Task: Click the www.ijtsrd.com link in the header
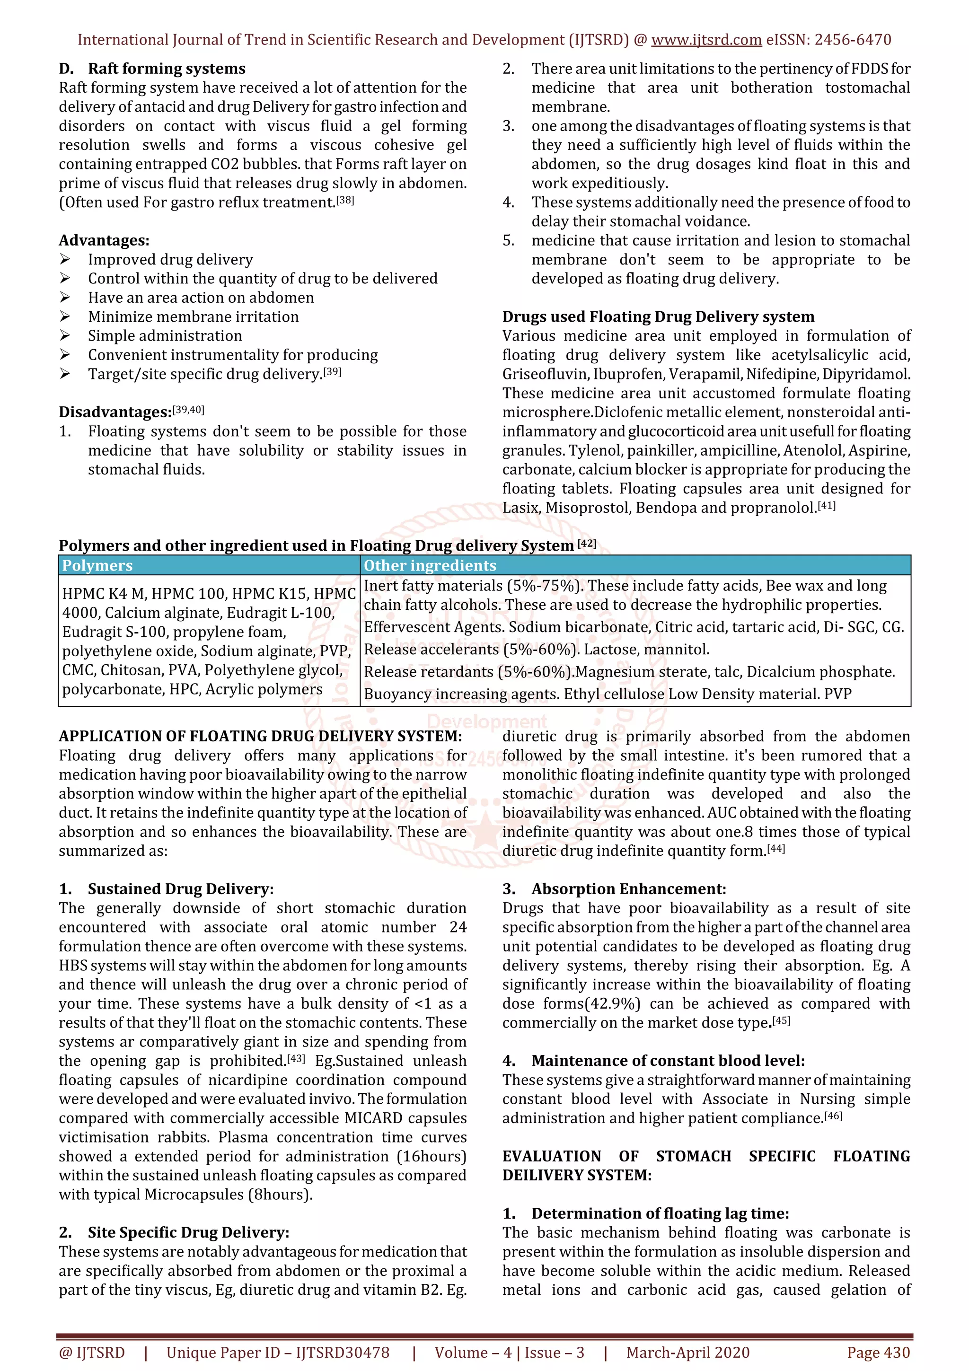[x=706, y=40]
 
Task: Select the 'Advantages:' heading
[x=104, y=241]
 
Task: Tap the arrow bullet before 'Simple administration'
[x=65, y=335]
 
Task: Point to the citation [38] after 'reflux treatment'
[x=345, y=200]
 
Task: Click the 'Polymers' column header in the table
[x=97, y=565]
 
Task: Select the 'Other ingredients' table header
[x=430, y=565]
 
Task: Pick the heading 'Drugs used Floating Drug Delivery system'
[x=658, y=316]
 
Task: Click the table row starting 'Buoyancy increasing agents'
[x=607, y=694]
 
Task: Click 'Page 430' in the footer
[x=878, y=1353]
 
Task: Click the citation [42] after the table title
[x=587, y=544]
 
